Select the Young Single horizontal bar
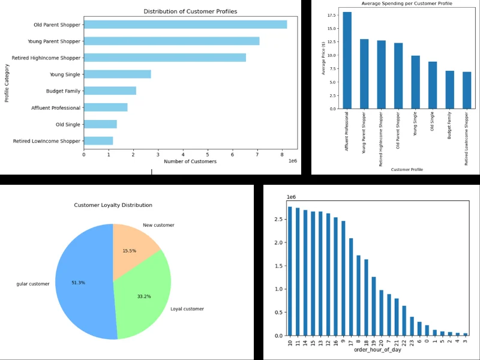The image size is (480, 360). (117, 74)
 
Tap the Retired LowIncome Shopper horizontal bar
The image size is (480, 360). (98, 141)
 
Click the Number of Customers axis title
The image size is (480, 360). (190, 161)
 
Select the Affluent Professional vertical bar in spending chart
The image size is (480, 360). (347, 60)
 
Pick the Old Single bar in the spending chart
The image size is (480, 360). (433, 85)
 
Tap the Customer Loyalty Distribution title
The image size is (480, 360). (113, 205)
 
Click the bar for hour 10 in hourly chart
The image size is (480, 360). (290, 271)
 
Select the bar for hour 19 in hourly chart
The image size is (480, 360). (373, 306)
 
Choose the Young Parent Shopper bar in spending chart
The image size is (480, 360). (364, 74)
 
